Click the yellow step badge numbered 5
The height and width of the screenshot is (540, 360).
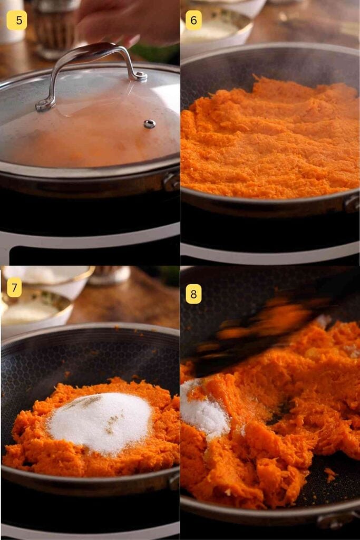click(16, 21)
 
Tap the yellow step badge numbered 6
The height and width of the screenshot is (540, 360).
click(193, 21)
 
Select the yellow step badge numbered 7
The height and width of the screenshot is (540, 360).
click(14, 287)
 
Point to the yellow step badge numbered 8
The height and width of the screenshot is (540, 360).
click(193, 293)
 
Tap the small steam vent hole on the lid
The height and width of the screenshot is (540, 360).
click(150, 124)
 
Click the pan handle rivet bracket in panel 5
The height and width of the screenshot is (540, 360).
click(171, 182)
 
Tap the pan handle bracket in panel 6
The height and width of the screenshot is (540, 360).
click(352, 203)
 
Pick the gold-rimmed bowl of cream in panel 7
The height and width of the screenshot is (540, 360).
click(34, 311)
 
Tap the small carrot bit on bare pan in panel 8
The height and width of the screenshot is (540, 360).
click(330, 474)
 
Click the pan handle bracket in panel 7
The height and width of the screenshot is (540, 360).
click(174, 480)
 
